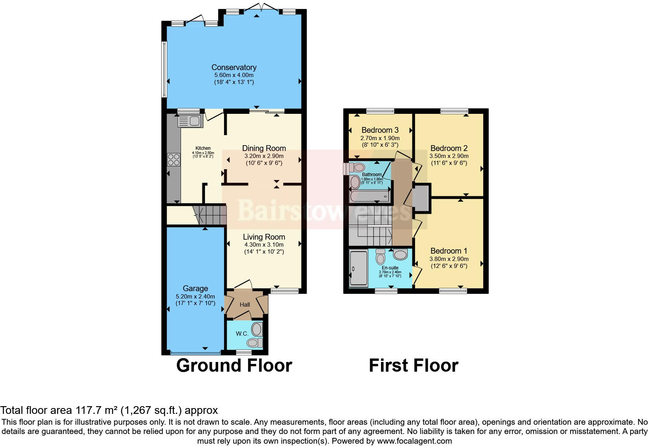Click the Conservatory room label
(x=234, y=68)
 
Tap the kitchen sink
(x=190, y=121)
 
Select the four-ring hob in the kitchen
(x=173, y=160)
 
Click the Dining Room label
(x=264, y=148)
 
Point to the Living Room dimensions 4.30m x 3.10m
(x=264, y=245)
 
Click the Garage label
(x=195, y=288)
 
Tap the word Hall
(x=245, y=305)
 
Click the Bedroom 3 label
(x=380, y=130)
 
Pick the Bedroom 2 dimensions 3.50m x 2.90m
(x=449, y=156)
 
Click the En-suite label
(x=390, y=268)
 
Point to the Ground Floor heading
(x=234, y=365)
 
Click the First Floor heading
(x=414, y=365)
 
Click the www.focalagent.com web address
(x=414, y=441)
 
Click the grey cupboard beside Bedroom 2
(x=421, y=198)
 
